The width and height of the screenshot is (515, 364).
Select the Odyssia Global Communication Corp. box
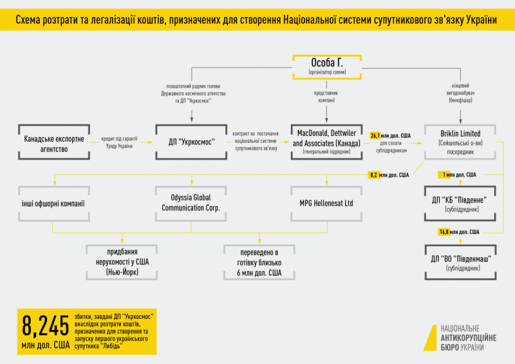(192, 204)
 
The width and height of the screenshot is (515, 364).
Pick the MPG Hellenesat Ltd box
(327, 204)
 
